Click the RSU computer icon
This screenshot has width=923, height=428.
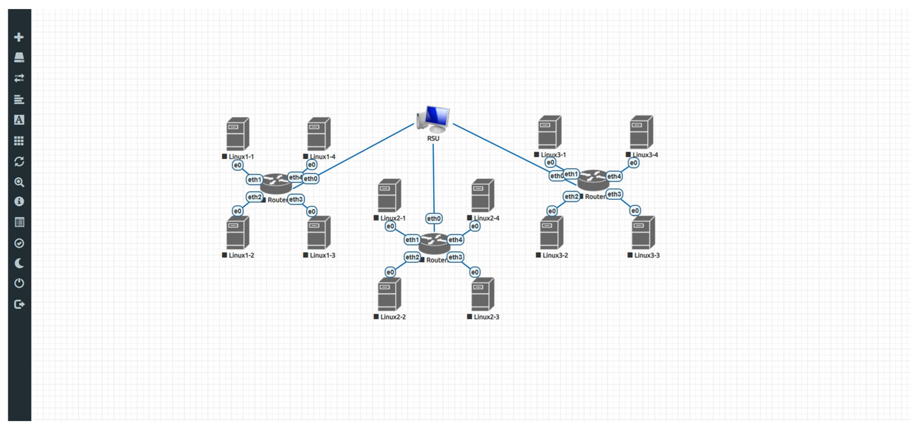433,119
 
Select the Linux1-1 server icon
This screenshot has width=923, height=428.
237,134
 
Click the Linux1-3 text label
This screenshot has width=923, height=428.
322,255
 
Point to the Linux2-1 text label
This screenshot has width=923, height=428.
393,218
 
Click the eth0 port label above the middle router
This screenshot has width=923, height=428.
434,218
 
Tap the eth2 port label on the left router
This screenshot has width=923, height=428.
254,197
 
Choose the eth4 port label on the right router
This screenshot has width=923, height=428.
614,176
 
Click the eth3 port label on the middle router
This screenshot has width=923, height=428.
455,257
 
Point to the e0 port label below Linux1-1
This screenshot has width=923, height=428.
237,165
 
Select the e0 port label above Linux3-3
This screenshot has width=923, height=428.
635,211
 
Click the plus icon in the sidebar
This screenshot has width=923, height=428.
19,37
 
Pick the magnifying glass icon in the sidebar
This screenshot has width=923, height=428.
19,182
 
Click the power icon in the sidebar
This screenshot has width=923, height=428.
19,283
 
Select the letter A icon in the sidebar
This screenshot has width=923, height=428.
19,120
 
